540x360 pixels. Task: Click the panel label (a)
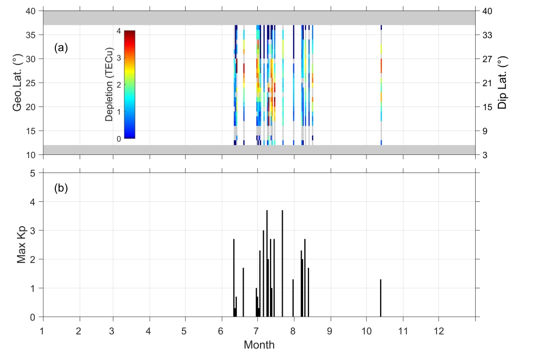(61, 48)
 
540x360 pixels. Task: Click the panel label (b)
(61, 188)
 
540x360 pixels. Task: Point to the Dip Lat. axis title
(503, 83)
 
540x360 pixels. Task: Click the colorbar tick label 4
(119, 31)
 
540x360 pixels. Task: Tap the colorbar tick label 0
(119, 139)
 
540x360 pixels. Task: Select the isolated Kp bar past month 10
(380, 298)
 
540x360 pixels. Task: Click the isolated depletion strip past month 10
(381, 84)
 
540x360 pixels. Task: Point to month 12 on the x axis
(438, 330)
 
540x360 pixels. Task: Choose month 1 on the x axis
(43, 330)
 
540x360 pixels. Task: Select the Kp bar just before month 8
(293, 298)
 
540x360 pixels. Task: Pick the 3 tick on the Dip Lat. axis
(484, 155)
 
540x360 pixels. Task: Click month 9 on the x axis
(331, 330)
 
